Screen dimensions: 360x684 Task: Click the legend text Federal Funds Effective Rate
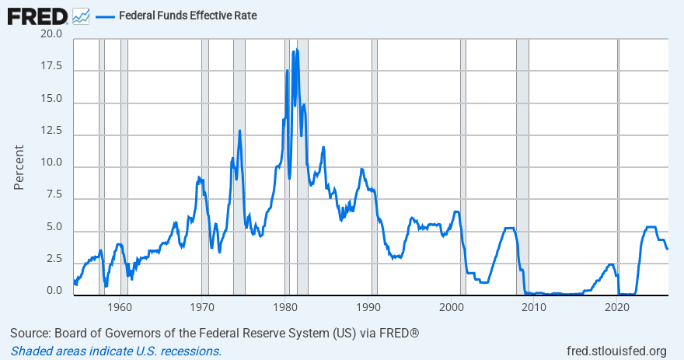(187, 16)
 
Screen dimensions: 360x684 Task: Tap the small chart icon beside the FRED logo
(81, 16)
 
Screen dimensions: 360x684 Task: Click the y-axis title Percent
(19, 167)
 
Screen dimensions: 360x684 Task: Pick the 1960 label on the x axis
(120, 307)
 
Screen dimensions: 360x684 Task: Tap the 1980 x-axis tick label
(286, 307)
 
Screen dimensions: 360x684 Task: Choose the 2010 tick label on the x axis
(534, 307)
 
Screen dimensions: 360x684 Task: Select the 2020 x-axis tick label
(617, 307)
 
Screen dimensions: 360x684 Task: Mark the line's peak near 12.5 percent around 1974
(239, 131)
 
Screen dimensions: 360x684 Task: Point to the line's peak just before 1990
(361, 169)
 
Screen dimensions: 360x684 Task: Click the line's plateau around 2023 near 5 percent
(651, 227)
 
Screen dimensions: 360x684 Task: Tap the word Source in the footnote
(30, 334)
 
